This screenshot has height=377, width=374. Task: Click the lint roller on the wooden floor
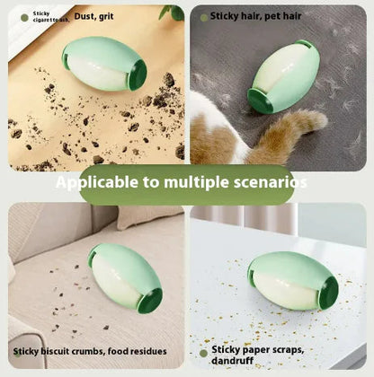(104, 64)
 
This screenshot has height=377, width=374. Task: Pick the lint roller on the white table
(292, 281)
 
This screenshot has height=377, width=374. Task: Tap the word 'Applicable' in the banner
(96, 183)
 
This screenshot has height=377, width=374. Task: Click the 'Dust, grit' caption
(94, 14)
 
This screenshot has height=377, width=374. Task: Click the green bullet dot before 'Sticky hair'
(205, 16)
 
